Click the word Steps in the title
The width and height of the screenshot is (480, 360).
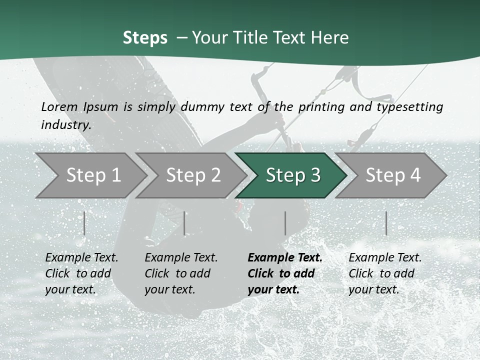145,38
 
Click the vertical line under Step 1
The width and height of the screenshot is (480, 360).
84,223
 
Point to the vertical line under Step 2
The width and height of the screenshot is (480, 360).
184,223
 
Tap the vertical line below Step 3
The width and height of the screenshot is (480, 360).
285,223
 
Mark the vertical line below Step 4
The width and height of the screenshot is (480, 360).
386,223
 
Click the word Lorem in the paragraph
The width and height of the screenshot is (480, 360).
59,107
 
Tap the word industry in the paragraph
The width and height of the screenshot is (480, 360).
66,125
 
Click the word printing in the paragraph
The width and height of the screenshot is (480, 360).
320,107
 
